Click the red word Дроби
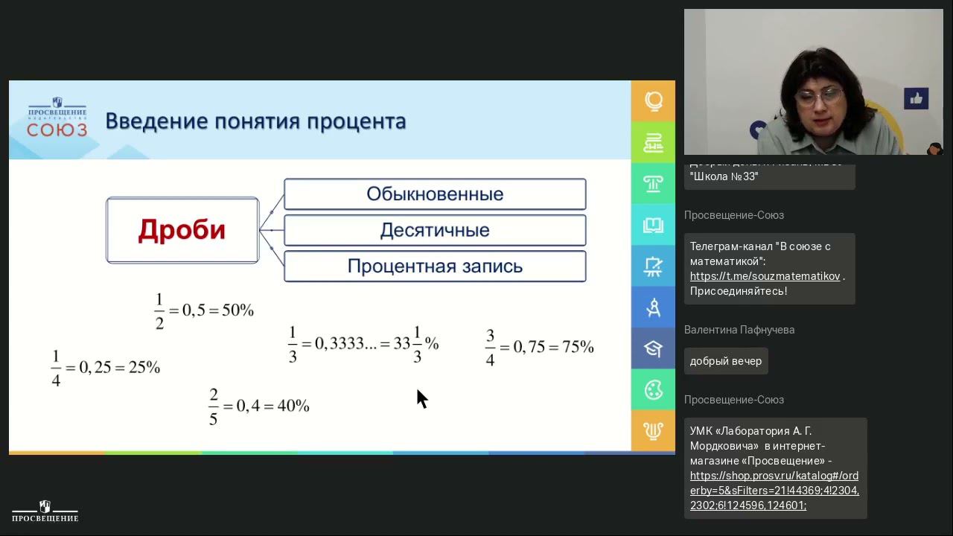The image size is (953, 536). pos(182,230)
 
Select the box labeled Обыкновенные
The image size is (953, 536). pos(435,194)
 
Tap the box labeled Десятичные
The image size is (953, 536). pos(435,230)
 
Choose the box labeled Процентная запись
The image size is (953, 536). pos(435,266)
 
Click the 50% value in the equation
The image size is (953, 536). pos(238,310)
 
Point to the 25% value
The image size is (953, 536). pos(144,367)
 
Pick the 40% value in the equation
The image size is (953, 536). pos(293,406)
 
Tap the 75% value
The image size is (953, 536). pos(578,347)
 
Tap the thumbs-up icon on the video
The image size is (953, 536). pos(916,98)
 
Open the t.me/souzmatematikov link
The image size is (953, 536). pos(765,276)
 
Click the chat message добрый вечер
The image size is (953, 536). pos(725,361)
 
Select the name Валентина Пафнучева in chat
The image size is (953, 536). pos(739,330)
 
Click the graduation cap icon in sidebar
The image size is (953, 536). pos(653,348)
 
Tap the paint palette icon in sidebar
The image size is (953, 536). pos(653,389)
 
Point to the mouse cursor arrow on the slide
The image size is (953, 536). pos(421,398)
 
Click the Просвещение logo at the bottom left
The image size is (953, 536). pos(45,511)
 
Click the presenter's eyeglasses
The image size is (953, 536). pos(819,96)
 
